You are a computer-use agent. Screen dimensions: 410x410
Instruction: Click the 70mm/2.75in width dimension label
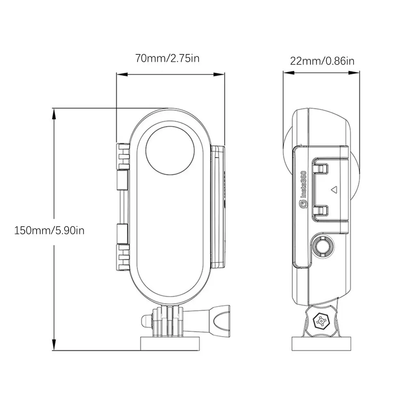(167, 58)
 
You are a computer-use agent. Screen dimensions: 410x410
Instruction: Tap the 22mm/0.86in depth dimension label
(322, 61)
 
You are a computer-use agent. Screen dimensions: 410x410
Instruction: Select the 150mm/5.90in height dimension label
(49, 230)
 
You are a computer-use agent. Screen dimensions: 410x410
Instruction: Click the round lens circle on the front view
(170, 151)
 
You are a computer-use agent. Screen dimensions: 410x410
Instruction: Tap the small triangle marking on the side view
(334, 189)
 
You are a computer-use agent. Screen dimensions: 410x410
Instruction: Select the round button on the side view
(323, 246)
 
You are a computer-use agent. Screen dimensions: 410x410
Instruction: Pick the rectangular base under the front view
(170, 343)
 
